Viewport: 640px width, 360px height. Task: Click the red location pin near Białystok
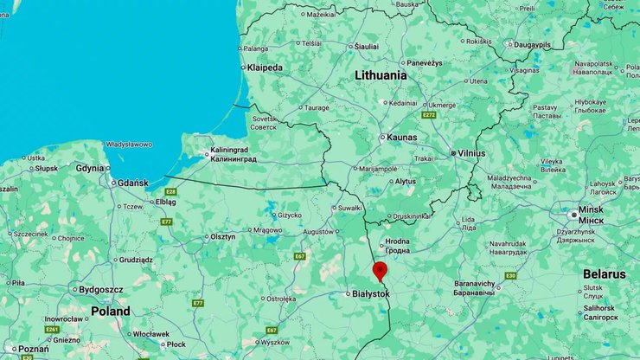tap(380, 271)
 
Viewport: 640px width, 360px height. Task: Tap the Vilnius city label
tap(472, 153)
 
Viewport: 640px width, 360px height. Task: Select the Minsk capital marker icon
tap(573, 214)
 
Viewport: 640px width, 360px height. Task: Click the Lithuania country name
tap(381, 75)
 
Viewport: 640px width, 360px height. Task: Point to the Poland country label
tap(111, 311)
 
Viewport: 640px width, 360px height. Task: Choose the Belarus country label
tap(604, 273)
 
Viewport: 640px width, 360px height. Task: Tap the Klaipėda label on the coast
tap(264, 67)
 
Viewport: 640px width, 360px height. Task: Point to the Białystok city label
tap(371, 294)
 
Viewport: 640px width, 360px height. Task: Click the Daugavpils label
tap(537, 44)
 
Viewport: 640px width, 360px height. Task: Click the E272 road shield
tap(429, 114)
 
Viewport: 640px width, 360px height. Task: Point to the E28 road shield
tap(171, 191)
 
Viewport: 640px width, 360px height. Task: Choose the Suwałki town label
tap(349, 208)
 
